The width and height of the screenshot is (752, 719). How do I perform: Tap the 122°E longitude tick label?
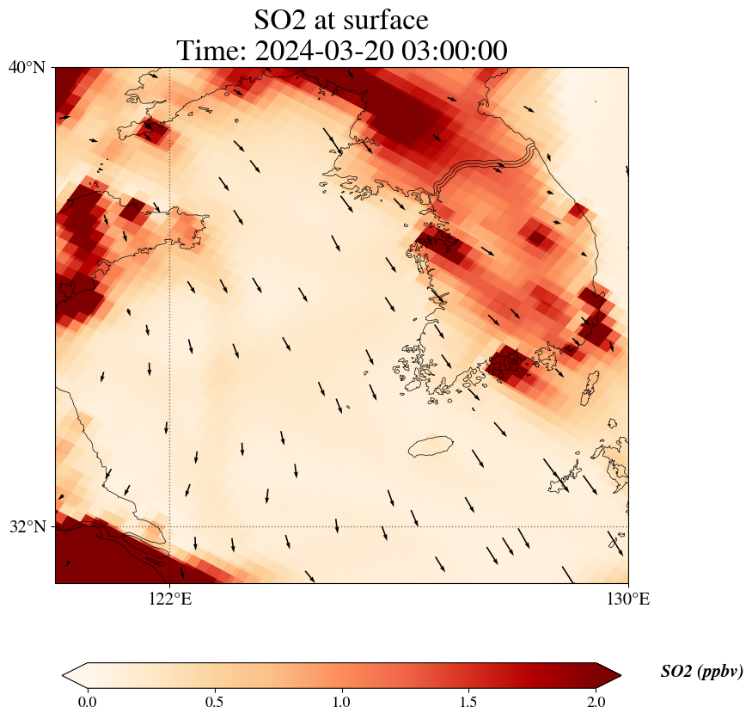click(170, 599)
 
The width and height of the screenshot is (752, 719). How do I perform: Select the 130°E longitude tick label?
click(628, 599)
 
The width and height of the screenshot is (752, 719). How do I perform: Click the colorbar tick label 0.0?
click(87, 702)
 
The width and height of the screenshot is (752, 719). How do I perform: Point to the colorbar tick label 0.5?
click(214, 702)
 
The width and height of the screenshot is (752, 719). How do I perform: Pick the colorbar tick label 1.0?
click(342, 702)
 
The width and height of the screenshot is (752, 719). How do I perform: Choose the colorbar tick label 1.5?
click(469, 702)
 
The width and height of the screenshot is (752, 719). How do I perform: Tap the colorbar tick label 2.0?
click(596, 702)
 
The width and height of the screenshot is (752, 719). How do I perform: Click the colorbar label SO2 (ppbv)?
click(701, 672)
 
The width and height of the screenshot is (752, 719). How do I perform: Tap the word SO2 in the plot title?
click(279, 19)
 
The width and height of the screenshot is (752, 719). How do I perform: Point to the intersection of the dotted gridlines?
click(170, 526)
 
